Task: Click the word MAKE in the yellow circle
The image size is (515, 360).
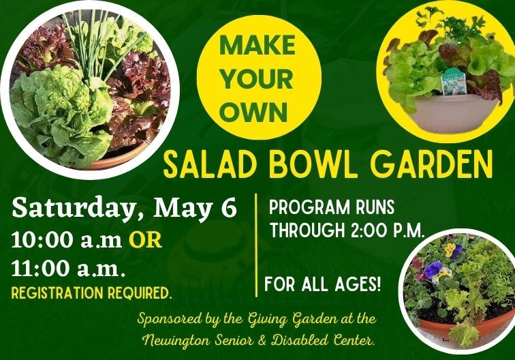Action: [257, 46]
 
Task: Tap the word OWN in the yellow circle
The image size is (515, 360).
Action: [257, 111]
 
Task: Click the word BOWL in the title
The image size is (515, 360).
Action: [307, 165]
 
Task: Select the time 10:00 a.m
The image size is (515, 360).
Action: [66, 241]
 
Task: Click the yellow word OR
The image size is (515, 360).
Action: [146, 241]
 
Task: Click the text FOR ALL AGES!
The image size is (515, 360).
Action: [322, 283]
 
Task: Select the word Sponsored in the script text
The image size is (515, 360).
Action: [172, 318]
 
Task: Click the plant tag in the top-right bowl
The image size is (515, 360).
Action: [452, 82]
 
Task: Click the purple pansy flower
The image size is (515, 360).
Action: [433, 271]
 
